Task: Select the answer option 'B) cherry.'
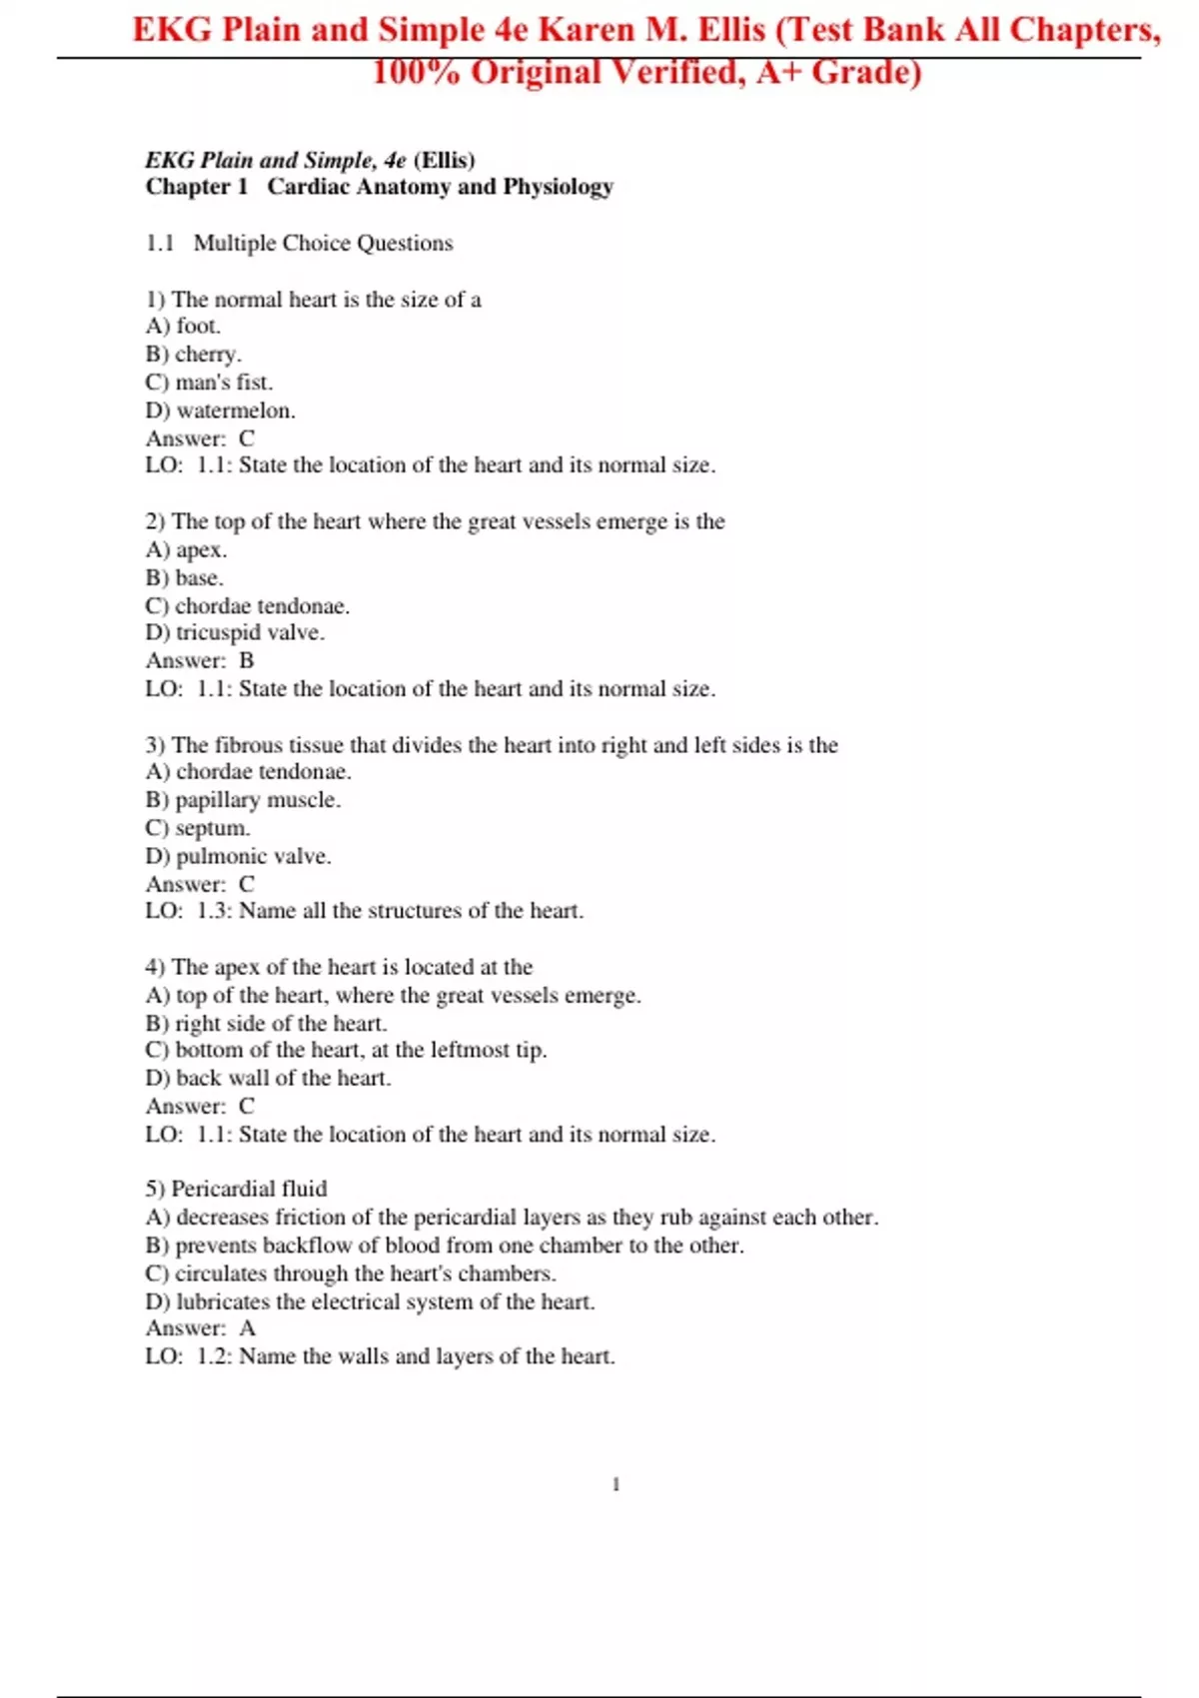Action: [x=194, y=355]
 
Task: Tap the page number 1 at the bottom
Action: [x=615, y=1484]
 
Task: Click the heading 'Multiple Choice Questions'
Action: [x=323, y=244]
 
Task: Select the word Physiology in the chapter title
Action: [x=558, y=187]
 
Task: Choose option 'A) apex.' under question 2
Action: [x=187, y=550]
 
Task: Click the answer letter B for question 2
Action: [x=247, y=661]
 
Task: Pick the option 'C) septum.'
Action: [x=198, y=828]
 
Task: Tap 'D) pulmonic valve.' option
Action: [x=239, y=856]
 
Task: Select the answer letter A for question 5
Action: [x=247, y=1328]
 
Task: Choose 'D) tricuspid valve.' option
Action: [x=235, y=632]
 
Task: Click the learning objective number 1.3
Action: [x=213, y=911]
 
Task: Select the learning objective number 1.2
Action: [x=213, y=1356]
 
